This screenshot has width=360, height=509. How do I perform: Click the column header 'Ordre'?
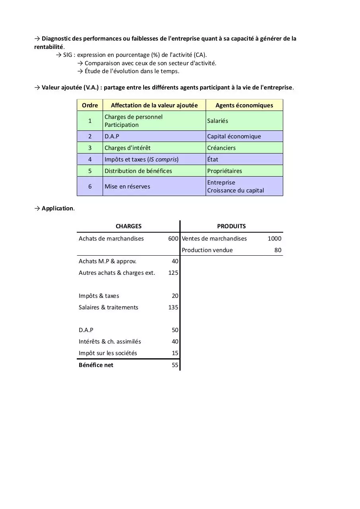(90, 105)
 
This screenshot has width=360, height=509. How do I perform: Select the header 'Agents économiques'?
(244, 105)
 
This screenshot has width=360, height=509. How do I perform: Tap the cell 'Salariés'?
(218, 121)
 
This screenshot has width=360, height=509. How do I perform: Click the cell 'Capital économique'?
(234, 136)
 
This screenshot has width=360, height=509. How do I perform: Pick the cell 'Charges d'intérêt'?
(127, 148)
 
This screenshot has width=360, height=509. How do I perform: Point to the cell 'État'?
(213, 159)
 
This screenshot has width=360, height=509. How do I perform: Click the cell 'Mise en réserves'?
(127, 187)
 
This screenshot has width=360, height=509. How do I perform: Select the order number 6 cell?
(90, 187)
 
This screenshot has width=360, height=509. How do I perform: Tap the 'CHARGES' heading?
(128, 226)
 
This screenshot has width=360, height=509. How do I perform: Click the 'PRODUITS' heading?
(232, 226)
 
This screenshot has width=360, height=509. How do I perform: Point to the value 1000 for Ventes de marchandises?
(274, 239)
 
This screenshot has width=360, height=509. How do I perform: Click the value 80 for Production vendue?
(278, 250)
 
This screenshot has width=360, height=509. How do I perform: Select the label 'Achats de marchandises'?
(111, 239)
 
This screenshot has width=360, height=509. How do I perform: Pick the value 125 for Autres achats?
(173, 273)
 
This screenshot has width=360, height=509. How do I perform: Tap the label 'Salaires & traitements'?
(109, 307)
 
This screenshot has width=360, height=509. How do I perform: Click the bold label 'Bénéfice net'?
(96, 365)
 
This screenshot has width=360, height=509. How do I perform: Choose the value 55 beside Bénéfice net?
(175, 365)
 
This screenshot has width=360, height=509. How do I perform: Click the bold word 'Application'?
(57, 208)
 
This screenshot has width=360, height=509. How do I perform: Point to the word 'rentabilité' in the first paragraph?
(49, 47)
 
